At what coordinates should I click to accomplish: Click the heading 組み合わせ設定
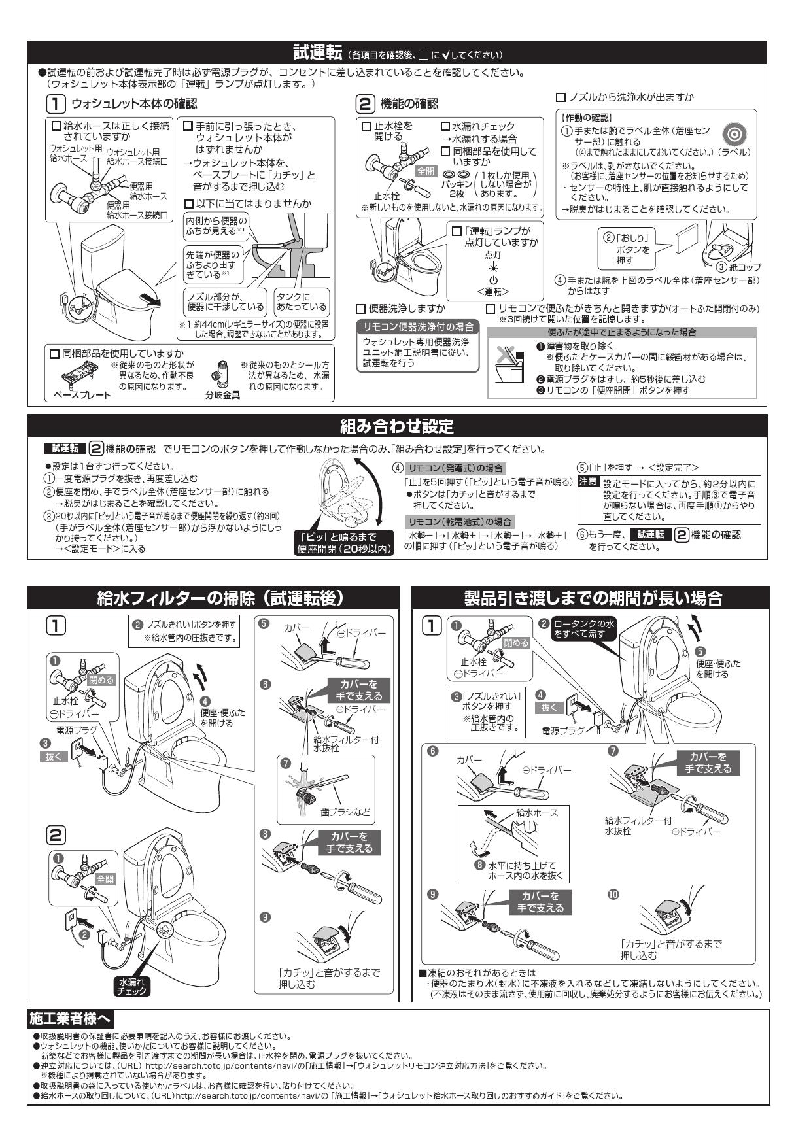tap(405, 427)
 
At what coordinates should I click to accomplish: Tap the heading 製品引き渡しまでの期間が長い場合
tap(592, 598)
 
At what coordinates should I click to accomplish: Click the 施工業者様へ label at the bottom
tap(71, 1018)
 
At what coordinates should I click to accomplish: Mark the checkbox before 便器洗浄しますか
tap(360, 309)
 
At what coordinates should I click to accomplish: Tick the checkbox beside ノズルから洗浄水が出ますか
tap(561, 97)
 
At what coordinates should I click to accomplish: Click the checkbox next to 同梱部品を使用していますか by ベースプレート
tap(55, 354)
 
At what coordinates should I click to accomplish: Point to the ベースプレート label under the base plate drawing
tap(82, 396)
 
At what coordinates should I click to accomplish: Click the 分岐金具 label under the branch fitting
tap(222, 396)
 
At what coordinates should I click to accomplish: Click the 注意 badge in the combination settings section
tap(588, 481)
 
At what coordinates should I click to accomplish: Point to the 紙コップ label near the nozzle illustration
tap(744, 267)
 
